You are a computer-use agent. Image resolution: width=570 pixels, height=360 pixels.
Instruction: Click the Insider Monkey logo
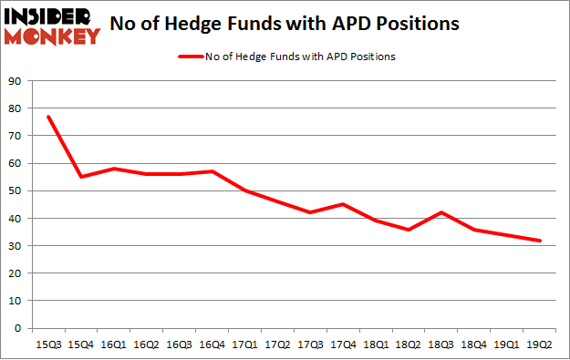pos(51,26)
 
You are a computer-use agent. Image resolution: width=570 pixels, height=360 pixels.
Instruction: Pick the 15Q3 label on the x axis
pos(47,345)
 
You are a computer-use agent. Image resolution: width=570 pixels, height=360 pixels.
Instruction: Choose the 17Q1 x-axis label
pos(244,345)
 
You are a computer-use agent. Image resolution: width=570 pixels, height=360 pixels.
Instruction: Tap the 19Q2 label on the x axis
pos(541,345)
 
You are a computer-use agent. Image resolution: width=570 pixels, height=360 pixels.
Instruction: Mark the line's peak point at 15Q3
pos(47,117)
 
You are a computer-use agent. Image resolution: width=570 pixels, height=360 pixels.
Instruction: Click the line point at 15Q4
pos(80,177)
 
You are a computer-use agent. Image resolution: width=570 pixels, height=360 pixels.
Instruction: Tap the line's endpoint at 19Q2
pos(541,241)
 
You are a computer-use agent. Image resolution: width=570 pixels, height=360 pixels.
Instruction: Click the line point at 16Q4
pos(212,171)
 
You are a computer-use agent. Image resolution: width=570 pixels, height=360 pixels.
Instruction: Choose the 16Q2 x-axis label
pos(146,345)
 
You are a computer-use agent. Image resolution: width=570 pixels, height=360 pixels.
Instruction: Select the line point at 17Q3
pos(311,212)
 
